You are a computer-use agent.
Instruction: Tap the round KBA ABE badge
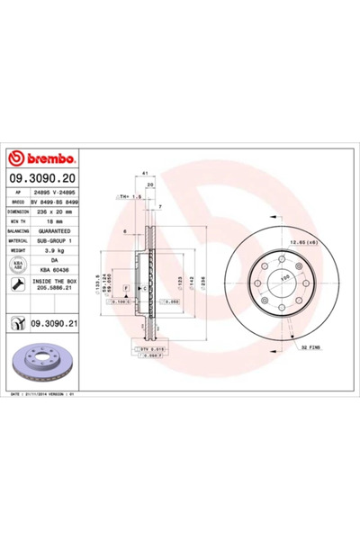17,265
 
